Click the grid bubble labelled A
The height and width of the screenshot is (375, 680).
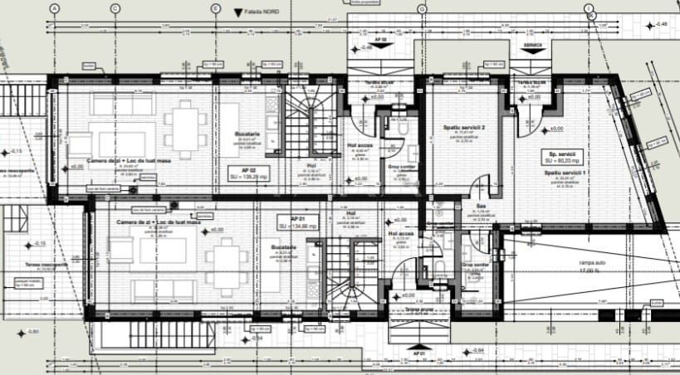coord(55,8)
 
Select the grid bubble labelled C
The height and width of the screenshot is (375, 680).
coord(115,8)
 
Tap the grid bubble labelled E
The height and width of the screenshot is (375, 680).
coord(216,8)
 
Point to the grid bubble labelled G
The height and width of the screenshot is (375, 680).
coord(422,8)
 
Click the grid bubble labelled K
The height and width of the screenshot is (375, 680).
coord(592,15)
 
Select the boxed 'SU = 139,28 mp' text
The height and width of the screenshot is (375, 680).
coord(250,176)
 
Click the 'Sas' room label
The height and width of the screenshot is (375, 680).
coord(480,207)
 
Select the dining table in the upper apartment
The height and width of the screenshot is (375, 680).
coord(185,128)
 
